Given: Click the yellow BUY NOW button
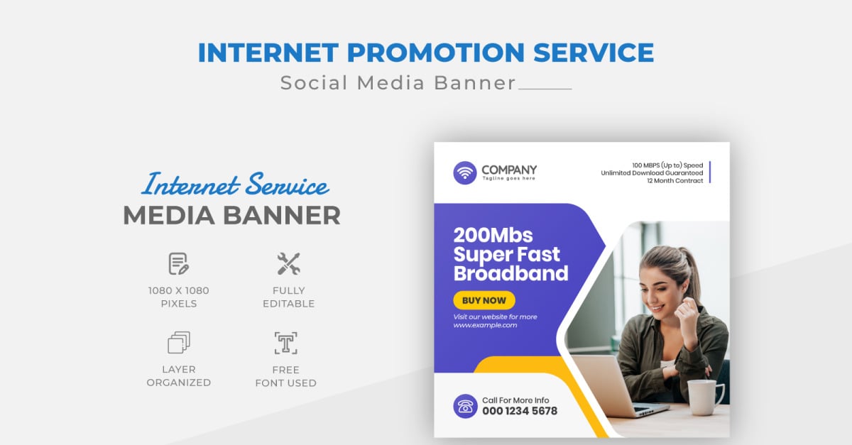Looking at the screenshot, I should click(x=484, y=300).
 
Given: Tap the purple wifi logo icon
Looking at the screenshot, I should click(x=465, y=172).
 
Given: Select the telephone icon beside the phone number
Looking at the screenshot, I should click(x=465, y=406).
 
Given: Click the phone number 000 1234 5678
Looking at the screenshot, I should click(x=520, y=411).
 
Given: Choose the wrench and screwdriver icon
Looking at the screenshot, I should click(x=288, y=264).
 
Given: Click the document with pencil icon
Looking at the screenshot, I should click(x=178, y=264).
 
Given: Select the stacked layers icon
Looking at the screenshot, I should click(x=178, y=343).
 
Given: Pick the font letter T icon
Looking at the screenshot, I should click(x=285, y=343).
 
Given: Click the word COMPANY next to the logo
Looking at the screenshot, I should click(x=509, y=170).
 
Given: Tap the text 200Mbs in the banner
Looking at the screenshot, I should click(x=493, y=235).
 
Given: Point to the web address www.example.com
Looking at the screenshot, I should click(x=485, y=325).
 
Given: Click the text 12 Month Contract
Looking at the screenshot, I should click(x=674, y=181).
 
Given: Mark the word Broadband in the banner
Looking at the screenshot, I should click(x=510, y=273).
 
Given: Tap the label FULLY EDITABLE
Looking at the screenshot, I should click(x=288, y=297).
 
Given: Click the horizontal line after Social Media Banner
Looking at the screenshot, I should click(x=545, y=89).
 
